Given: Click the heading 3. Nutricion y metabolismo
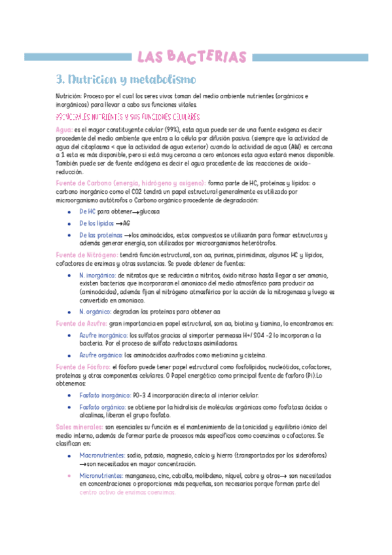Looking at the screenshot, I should click(125, 80).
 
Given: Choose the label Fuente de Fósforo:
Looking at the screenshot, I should click(83, 367).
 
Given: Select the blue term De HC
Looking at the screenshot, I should click(87, 213).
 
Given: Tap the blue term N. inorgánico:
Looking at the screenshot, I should click(98, 276).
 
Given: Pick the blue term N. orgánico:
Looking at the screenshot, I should click(95, 312).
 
